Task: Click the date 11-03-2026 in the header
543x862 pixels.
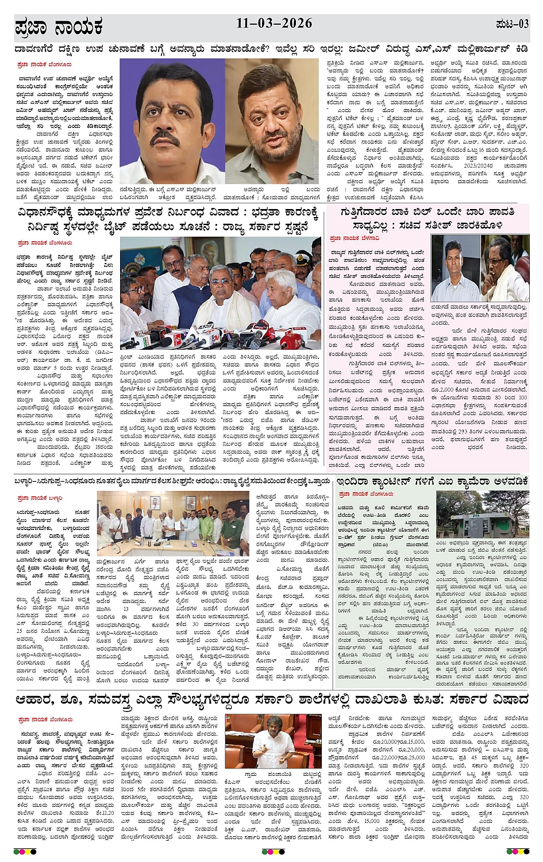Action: pyautogui.click(x=274, y=24)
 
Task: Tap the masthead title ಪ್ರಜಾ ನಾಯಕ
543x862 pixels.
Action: pyautogui.click(x=59, y=27)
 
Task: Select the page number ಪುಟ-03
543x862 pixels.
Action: pyautogui.click(x=512, y=24)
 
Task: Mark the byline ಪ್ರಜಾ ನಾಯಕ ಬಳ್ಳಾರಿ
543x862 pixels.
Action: pyautogui.click(x=40, y=498)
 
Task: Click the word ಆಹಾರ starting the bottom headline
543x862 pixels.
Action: pyautogui.click(x=38, y=700)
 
